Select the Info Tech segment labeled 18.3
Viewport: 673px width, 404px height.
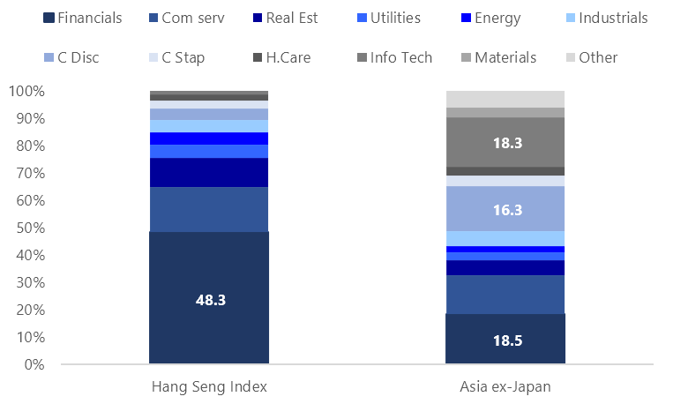click(x=505, y=142)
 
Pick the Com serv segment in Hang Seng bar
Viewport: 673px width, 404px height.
click(x=208, y=209)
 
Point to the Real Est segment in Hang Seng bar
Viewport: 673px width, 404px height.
click(x=208, y=172)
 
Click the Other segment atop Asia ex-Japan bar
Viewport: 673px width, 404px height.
click(x=505, y=99)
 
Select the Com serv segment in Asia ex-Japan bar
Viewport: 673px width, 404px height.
click(x=505, y=295)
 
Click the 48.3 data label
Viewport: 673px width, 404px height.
click(x=210, y=300)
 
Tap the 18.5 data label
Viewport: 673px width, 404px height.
click(x=505, y=340)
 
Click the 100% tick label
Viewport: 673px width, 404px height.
click(x=28, y=91)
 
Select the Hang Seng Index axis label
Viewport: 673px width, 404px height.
click(x=209, y=385)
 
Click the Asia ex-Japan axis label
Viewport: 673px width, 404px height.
click(x=505, y=385)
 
